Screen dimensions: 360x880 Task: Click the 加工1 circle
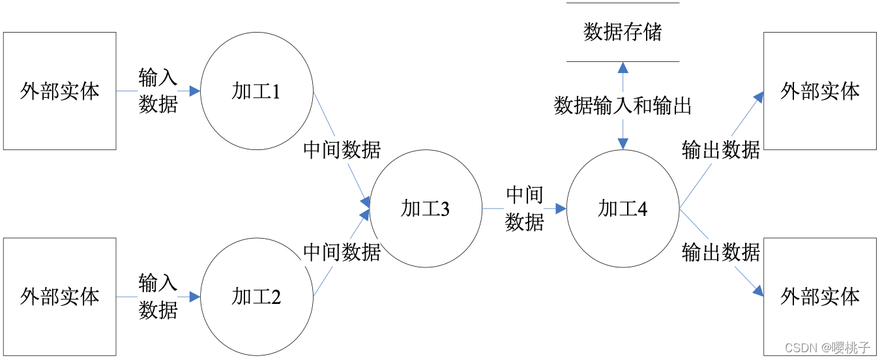point(256,91)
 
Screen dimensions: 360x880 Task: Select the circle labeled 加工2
point(256,297)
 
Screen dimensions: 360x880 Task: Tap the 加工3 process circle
point(425,209)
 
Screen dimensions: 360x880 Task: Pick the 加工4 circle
point(623,209)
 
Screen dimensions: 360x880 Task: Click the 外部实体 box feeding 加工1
point(60,91)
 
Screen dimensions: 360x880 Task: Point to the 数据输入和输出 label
point(623,106)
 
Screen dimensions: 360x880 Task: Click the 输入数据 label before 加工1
point(158,91)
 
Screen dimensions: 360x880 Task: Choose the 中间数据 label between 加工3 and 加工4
point(525,209)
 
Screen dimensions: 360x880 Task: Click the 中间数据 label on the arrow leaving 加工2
point(342,252)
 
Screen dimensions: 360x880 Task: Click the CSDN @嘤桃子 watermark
point(827,346)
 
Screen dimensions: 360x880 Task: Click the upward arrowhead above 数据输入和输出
point(623,67)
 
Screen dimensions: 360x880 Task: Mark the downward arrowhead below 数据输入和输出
point(623,144)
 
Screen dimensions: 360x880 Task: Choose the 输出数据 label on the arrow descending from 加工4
point(721,252)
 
